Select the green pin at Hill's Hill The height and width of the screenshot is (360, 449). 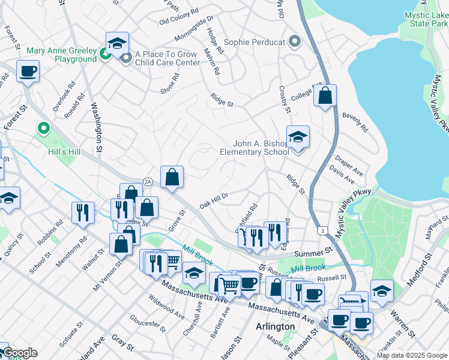pyautogui.click(x=43, y=128)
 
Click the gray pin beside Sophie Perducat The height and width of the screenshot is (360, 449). pyautogui.click(x=294, y=42)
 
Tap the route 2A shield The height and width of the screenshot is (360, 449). pyautogui.click(x=148, y=181)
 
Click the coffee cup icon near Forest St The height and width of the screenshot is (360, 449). pyautogui.click(x=28, y=72)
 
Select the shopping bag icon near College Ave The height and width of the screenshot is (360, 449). pyautogui.click(x=325, y=95)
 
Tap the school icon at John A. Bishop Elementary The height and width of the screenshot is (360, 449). pyautogui.click(x=297, y=137)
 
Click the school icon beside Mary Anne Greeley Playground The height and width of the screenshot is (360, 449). pyautogui.click(x=117, y=43)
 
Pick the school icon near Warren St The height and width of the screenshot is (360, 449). pyautogui.click(x=382, y=291)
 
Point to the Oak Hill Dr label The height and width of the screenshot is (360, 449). pyautogui.click(x=214, y=200)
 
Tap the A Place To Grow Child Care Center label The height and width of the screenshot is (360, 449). pyautogui.click(x=167, y=58)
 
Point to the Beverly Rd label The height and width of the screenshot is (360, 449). pyautogui.click(x=354, y=121)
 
